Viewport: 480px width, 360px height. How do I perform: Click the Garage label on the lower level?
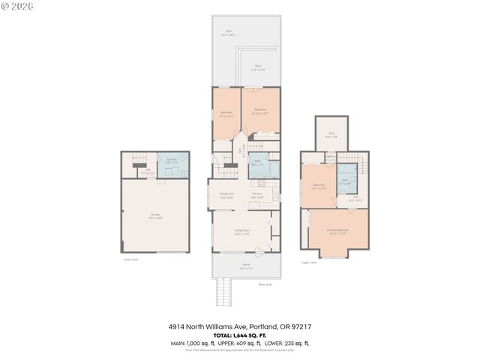tap(155, 216)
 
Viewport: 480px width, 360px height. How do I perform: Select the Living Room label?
tap(241, 232)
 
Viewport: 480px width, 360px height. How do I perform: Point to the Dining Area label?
tap(226, 196)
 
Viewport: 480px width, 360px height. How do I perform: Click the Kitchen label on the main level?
tap(256, 196)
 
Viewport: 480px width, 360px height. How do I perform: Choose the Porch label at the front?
tap(245, 265)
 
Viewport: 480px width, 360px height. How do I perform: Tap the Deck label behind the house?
tap(257, 67)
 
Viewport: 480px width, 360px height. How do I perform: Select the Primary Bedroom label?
tap(337, 230)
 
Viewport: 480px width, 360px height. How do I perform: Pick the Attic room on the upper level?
tap(331, 134)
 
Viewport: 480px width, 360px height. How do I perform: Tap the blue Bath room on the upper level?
tap(345, 181)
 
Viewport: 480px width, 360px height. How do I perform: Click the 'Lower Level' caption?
tap(130, 260)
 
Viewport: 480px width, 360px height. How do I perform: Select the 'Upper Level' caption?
tap(309, 263)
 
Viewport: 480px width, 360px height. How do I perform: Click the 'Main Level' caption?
tap(265, 284)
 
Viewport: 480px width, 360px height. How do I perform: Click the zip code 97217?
tap(301, 327)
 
